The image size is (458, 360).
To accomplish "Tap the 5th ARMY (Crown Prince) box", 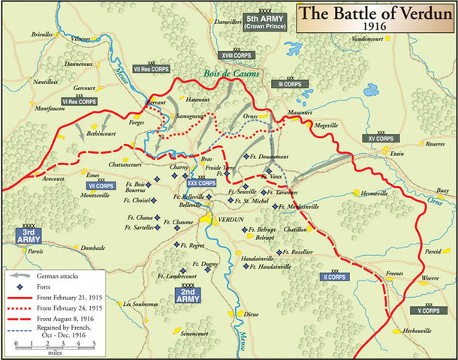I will pos(264,22).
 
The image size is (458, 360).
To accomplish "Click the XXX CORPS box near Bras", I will pos(202,182).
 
